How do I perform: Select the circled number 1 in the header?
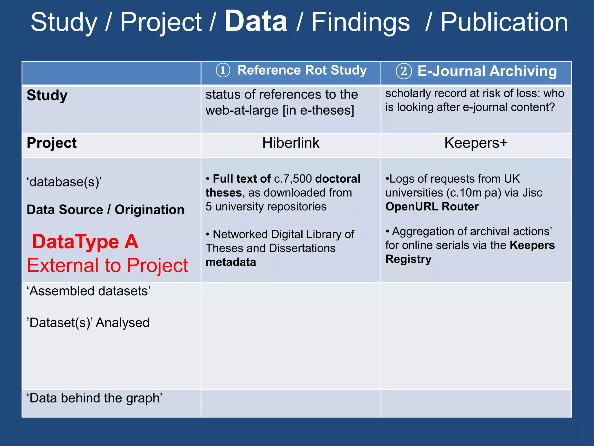pyautogui.click(x=223, y=71)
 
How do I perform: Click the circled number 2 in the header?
pyautogui.click(x=404, y=71)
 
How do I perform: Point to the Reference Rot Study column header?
pyautogui.click(x=302, y=70)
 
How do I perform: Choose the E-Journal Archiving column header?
pyautogui.click(x=487, y=71)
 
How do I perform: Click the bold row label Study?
pyautogui.click(x=47, y=96)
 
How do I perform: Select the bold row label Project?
pyautogui.click(x=52, y=143)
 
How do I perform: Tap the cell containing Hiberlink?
pyautogui.click(x=291, y=143)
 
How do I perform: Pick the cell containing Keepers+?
pyautogui.click(x=476, y=143)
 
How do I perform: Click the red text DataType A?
pyautogui.click(x=85, y=242)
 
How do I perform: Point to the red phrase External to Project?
pyautogui.click(x=108, y=265)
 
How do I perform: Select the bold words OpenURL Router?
pyautogui.click(x=432, y=206)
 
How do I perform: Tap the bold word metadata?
pyautogui.click(x=231, y=262)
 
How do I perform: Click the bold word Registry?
pyautogui.click(x=408, y=259)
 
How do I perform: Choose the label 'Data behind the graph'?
pyautogui.click(x=95, y=398)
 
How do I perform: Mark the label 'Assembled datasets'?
pyautogui.click(x=89, y=291)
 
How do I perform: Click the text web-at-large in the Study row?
pyautogui.click(x=242, y=111)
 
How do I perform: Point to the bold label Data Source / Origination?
pyautogui.click(x=106, y=210)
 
